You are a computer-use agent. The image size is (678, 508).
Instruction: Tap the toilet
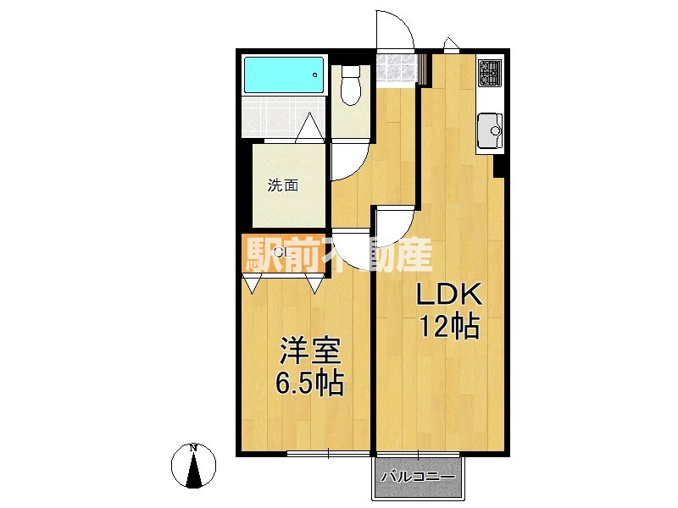(x=350, y=86)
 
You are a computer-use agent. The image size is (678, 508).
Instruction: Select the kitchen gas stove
(x=490, y=74)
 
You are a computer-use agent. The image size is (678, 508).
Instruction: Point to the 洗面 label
(x=283, y=185)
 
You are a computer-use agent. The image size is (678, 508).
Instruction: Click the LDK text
(x=448, y=295)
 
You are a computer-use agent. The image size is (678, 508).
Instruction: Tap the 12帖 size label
(x=449, y=326)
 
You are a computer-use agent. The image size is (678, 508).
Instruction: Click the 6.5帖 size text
(x=308, y=384)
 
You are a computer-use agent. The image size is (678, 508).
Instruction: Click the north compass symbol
(x=194, y=467)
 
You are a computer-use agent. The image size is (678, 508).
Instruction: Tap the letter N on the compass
(x=194, y=448)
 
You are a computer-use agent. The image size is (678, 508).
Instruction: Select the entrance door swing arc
(x=395, y=34)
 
